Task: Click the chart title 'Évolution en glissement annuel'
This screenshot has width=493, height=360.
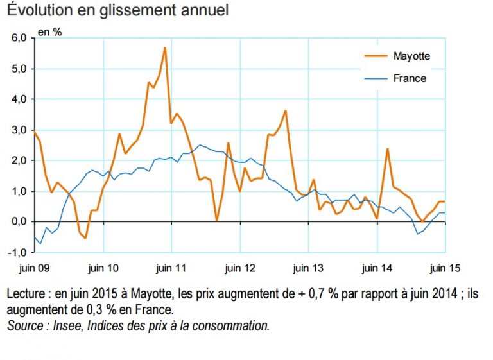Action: click(x=118, y=10)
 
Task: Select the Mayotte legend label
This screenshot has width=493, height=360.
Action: click(x=411, y=56)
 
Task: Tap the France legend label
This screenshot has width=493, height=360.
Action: click(x=410, y=79)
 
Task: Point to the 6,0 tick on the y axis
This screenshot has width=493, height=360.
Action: click(x=19, y=38)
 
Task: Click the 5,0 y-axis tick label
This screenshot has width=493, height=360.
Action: click(x=19, y=69)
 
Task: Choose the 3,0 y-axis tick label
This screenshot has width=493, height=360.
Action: click(x=19, y=130)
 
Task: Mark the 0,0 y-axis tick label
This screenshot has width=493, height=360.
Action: click(x=19, y=222)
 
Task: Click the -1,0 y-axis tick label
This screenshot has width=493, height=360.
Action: click(x=17, y=252)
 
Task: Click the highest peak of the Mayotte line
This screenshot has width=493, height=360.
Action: click(x=165, y=47)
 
